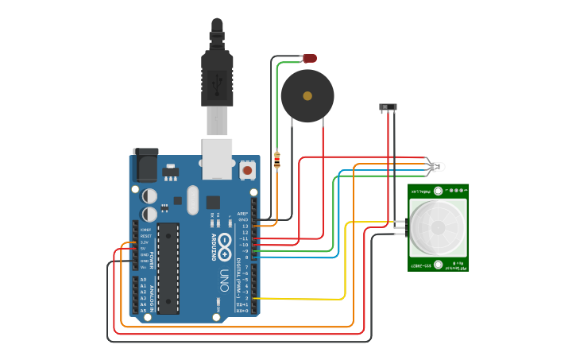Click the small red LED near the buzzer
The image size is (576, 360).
click(310, 58)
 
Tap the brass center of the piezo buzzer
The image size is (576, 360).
click(307, 96)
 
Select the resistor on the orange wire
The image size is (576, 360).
click(276, 161)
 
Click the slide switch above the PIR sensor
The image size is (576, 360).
click(389, 106)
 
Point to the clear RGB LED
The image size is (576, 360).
click(436, 167)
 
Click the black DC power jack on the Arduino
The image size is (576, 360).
click(145, 165)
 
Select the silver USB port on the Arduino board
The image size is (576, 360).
click(217, 154)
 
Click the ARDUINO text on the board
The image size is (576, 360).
click(214, 247)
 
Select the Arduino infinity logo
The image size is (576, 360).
click(226, 242)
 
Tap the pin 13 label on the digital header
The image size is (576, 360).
click(245, 226)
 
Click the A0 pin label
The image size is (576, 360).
click(143, 280)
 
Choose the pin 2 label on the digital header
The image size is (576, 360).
click(245, 298)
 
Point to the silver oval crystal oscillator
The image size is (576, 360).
click(193, 200)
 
